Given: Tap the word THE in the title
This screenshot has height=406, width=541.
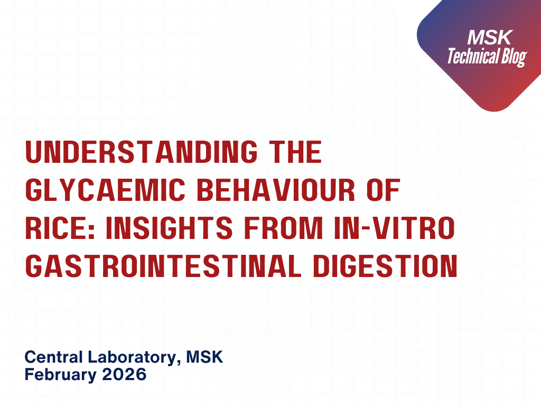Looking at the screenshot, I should pyautogui.click(x=296, y=153).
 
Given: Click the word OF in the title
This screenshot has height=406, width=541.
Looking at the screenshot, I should pyautogui.click(x=382, y=191).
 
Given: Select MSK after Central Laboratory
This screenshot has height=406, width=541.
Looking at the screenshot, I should pyautogui.click(x=207, y=357).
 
